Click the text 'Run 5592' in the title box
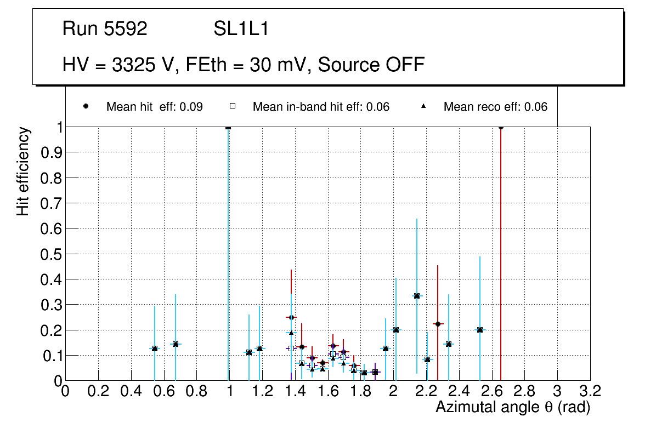(105, 29)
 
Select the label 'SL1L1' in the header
(241, 29)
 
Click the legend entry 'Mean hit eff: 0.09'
(154, 107)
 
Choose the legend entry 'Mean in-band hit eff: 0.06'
(321, 107)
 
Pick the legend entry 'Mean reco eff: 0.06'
(495, 107)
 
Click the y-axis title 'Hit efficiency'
(23, 171)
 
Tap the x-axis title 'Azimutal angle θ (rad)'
(513, 407)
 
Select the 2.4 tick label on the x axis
(459, 392)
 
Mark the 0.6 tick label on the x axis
(163, 392)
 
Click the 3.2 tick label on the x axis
(590, 392)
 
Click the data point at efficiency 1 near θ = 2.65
(501, 127)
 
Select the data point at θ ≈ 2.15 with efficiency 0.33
(417, 296)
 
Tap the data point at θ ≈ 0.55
(155, 348)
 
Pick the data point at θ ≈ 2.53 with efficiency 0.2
(480, 330)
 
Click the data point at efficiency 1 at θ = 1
(228, 127)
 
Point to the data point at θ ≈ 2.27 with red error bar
(438, 324)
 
